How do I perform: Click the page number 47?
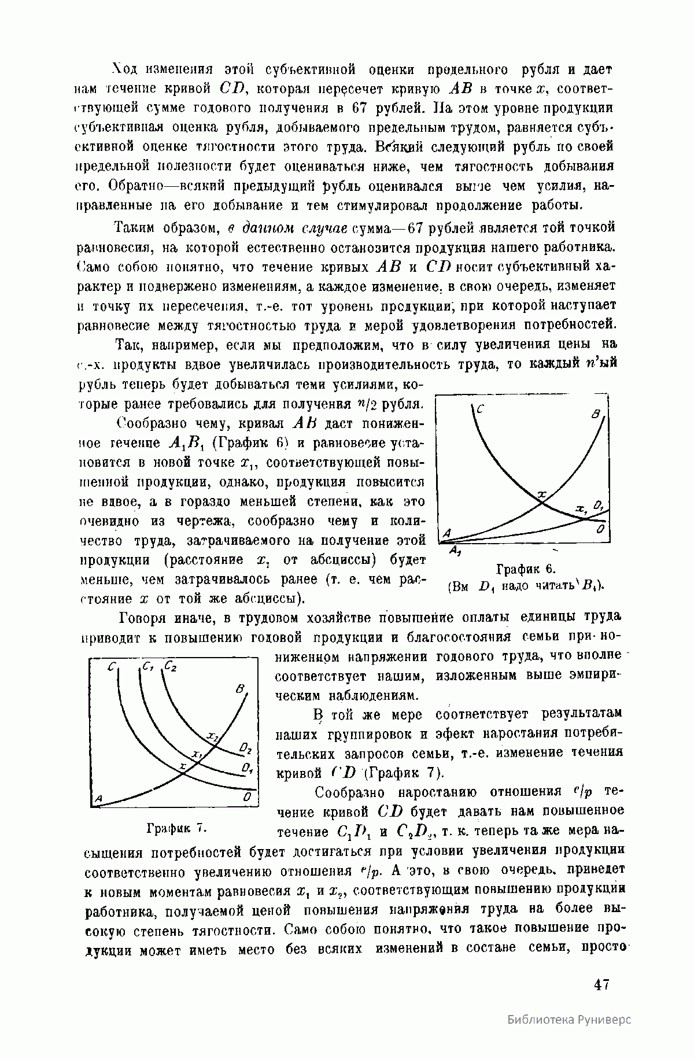coord(601,984)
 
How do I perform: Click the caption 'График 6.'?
coord(525,568)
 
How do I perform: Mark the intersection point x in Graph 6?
coord(542,502)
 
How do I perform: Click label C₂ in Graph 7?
coord(171,667)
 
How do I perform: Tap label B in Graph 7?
coord(240,690)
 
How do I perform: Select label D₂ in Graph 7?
coord(246,750)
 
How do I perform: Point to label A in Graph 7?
coord(98,798)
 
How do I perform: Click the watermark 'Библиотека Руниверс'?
coord(570,1035)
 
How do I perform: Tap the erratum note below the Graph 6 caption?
coord(525,585)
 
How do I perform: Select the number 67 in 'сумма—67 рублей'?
coord(417,227)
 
